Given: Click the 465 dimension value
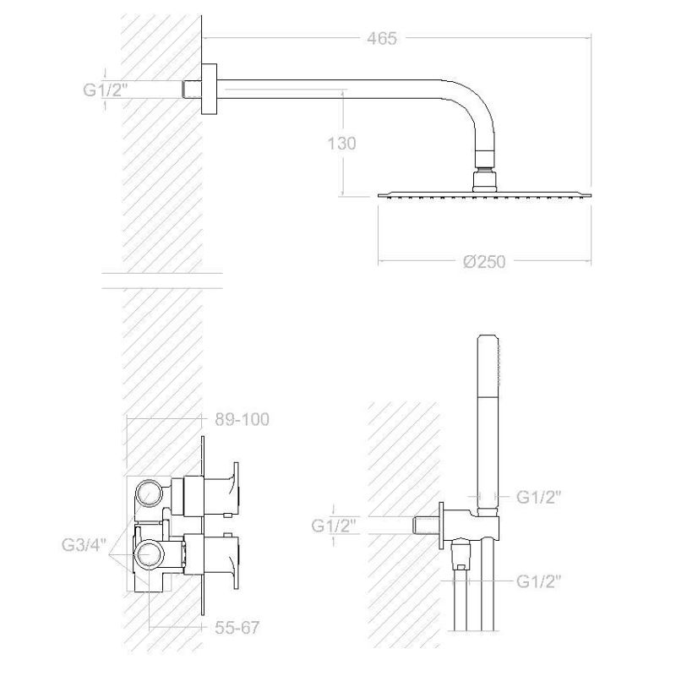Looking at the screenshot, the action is [x=382, y=38].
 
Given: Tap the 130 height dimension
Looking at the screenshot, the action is [x=342, y=144].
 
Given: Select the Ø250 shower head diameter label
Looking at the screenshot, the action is [x=484, y=262].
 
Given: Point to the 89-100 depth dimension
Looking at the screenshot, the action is [x=242, y=419].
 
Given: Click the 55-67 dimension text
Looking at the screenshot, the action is [x=237, y=628].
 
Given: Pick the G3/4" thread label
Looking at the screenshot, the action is [x=84, y=545].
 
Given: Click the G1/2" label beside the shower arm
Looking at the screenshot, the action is [x=106, y=90].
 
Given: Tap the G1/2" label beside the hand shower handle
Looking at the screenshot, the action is [x=539, y=497].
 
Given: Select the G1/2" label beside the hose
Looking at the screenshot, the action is [x=539, y=581].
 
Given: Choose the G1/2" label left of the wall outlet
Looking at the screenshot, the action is [x=334, y=526].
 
